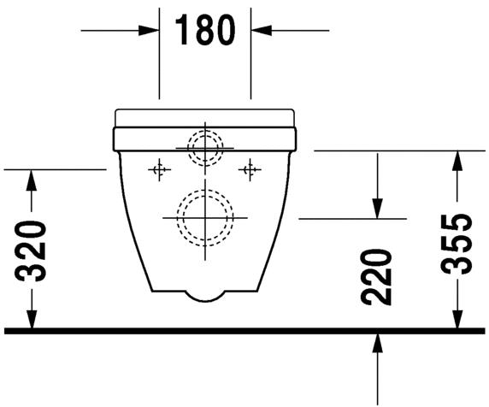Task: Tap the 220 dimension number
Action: click(376, 278)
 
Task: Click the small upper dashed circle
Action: click(203, 147)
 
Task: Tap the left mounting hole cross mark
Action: click(156, 169)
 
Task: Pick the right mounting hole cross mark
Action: click(250, 169)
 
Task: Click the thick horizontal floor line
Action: click(244, 330)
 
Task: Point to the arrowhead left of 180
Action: click(151, 30)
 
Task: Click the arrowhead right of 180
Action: click(260, 30)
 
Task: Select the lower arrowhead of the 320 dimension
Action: click(32, 319)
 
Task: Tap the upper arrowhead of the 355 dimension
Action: click(460, 159)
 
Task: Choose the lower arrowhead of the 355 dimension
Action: click(460, 319)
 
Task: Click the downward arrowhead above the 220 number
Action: click(376, 209)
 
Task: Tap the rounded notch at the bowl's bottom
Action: click(203, 295)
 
